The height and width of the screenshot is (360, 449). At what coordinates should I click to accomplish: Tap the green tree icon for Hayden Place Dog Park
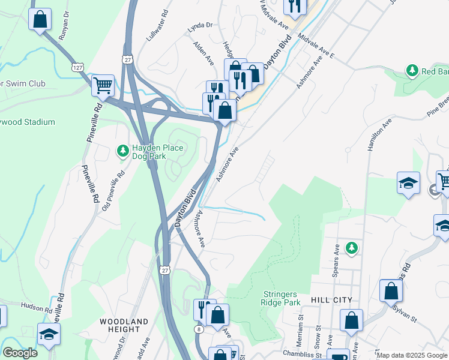[122, 149]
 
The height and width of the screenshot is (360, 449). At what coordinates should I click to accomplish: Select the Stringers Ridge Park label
[282, 298]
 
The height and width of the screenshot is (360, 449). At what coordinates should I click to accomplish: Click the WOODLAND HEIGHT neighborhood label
[124, 325]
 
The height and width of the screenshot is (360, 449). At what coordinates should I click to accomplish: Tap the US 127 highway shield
[76, 67]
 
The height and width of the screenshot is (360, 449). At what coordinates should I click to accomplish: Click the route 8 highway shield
[198, 329]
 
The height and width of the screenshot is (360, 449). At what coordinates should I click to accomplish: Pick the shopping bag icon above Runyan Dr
[40, 19]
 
